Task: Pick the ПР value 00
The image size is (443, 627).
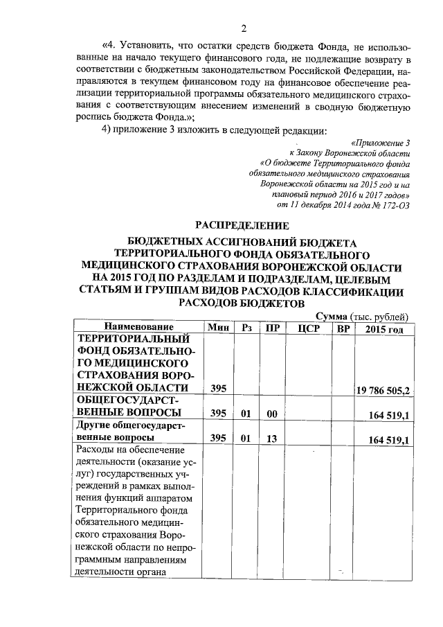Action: coord(272,414)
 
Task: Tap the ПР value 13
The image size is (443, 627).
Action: coord(272,440)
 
